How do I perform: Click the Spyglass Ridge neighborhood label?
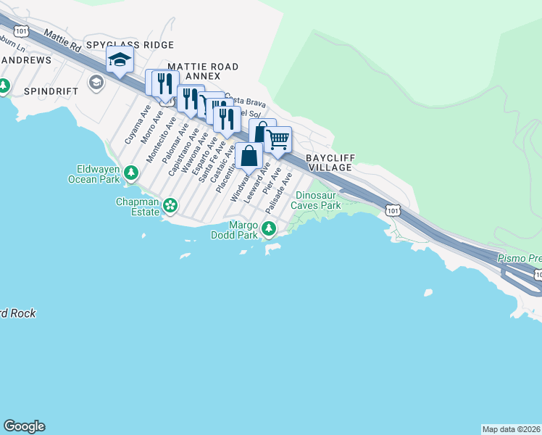[x=130, y=45]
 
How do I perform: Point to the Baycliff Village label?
[x=328, y=162]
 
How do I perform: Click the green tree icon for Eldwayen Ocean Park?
[x=131, y=173]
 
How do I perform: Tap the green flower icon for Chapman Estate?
[x=170, y=206]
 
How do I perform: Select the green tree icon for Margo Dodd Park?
[x=269, y=229]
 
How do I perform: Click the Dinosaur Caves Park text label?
[x=316, y=200]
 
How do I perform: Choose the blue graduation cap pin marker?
[x=120, y=59]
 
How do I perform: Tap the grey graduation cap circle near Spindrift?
[x=96, y=83]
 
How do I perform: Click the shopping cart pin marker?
[x=278, y=139]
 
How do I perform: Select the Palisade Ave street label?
[x=278, y=192]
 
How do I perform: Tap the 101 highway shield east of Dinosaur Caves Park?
[x=392, y=210]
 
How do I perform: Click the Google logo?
[x=24, y=426]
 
